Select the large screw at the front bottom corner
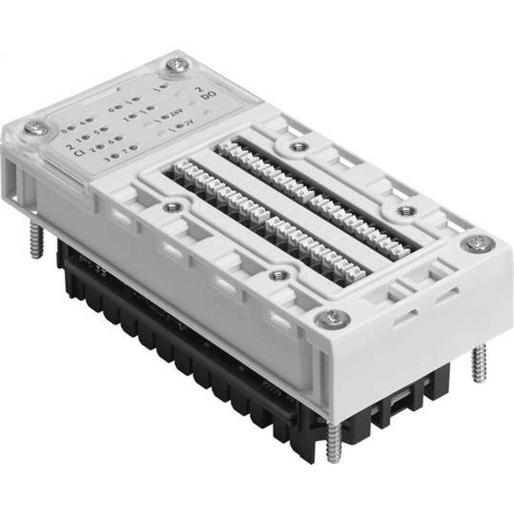point(328,319)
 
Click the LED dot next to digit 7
point(133,148)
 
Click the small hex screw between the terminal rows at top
point(296,147)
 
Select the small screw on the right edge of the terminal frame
point(406,210)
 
